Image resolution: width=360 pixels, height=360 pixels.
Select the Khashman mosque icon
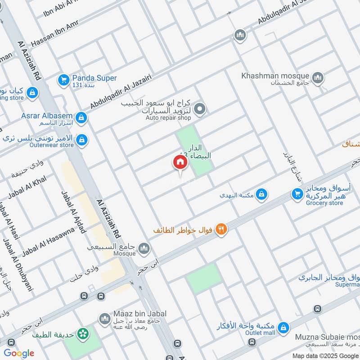318,78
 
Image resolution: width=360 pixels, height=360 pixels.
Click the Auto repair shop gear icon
200,108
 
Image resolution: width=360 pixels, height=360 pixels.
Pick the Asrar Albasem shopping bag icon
81,117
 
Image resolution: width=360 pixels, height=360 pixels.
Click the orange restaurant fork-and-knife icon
221,229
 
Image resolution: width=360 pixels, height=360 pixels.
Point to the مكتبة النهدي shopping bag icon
261,195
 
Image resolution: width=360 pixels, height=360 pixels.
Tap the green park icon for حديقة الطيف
82,334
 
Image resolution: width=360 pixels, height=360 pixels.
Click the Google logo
19,353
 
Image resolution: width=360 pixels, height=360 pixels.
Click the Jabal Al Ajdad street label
73,211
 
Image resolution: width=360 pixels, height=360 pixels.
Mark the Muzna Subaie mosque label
327,337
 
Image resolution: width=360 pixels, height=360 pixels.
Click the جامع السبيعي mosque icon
144,248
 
